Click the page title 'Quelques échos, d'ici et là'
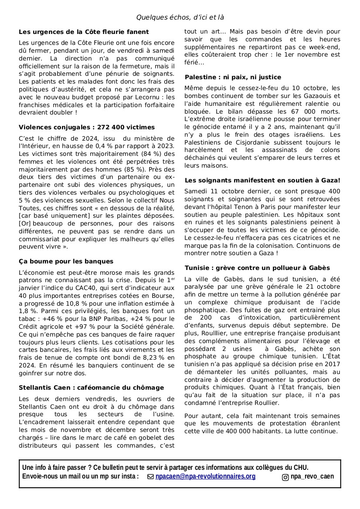tap(180, 17)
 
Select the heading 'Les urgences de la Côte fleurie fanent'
tap(84, 32)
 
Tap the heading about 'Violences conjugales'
tap(87, 127)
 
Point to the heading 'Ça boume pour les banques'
tap(66, 261)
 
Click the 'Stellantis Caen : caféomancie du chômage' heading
tap(91, 388)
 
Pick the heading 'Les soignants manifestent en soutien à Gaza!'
tap(262, 180)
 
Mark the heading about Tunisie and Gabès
tap(257, 268)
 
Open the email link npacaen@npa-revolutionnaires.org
tap(205, 476)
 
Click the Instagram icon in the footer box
tap(285, 477)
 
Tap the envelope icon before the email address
tap(151, 477)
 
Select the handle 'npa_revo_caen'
tap(312, 476)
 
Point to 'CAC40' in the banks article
tap(90, 288)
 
